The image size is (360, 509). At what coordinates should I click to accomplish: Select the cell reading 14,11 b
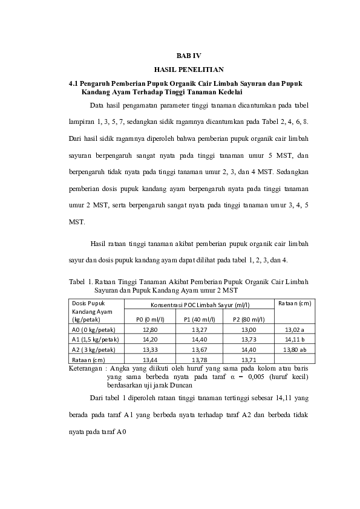coord(294,340)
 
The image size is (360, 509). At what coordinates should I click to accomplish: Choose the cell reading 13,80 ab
coord(294,350)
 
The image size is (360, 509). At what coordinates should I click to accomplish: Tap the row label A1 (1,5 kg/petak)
coord(97,340)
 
